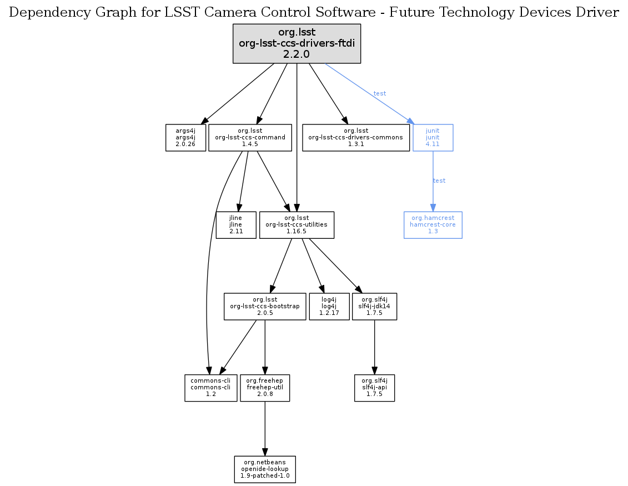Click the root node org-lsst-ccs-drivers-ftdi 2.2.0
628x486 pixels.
pyautogui.click(x=297, y=43)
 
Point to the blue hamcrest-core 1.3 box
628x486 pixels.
pyautogui.click(x=433, y=225)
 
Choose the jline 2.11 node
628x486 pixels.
pyautogui.click(x=236, y=225)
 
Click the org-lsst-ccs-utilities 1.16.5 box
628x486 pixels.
pyautogui.click(x=297, y=225)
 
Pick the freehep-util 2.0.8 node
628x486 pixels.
pyautogui.click(x=265, y=388)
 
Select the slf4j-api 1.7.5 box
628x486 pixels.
pyautogui.click(x=374, y=388)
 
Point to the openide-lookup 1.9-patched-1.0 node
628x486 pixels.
pyautogui.click(x=265, y=469)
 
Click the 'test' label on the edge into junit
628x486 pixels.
pyautogui.click(x=380, y=93)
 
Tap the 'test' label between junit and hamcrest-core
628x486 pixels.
pyautogui.click(x=439, y=181)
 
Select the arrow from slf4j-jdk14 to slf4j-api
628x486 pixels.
pyautogui.click(x=374, y=347)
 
